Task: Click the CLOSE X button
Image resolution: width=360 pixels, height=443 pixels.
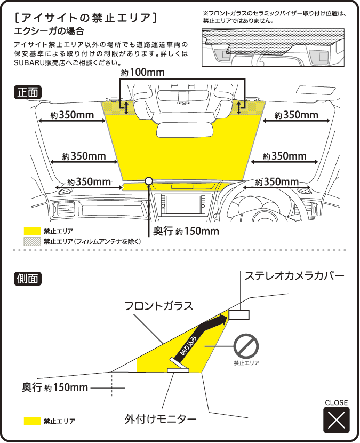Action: [336, 420]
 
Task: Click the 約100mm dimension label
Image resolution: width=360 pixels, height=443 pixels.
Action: [142, 72]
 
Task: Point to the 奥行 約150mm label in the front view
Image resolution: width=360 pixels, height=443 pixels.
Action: [186, 231]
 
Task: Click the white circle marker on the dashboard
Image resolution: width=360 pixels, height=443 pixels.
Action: [149, 181]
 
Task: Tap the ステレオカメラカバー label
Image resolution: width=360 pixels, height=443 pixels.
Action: [294, 276]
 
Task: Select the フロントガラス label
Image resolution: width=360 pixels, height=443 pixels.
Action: [158, 306]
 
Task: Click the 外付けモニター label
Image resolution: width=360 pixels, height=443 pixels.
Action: [161, 419]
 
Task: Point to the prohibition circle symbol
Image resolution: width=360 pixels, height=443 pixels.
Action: [246, 347]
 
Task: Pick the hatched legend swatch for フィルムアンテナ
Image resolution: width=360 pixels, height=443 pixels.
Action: [33, 241]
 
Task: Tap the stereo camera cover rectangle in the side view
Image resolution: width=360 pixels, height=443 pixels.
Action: [239, 315]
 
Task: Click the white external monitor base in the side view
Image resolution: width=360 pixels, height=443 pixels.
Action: [178, 369]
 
